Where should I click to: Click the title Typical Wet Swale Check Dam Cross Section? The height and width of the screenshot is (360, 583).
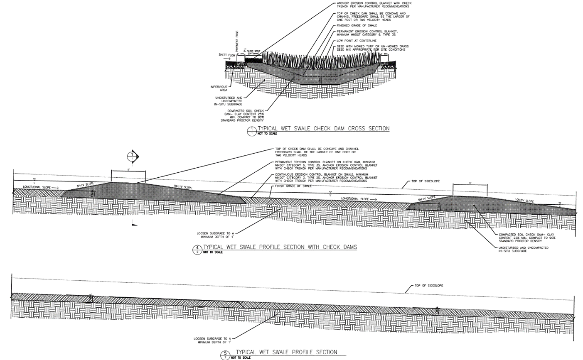(323, 129)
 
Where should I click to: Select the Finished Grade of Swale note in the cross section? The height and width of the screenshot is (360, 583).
(357, 25)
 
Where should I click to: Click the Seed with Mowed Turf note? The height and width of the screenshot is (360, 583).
(372, 48)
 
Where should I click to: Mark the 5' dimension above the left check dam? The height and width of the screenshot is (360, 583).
(128, 170)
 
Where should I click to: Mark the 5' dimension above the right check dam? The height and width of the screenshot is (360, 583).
(470, 184)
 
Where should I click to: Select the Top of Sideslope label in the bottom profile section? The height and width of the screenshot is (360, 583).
(429, 286)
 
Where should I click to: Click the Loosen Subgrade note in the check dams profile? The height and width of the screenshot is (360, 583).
(215, 235)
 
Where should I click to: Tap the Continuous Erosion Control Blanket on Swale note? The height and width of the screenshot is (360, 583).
(326, 178)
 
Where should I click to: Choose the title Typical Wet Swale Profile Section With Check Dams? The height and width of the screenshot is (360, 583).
(280, 247)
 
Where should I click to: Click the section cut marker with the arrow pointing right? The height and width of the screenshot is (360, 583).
(133, 157)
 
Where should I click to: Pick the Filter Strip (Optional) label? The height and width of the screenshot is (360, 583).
(253, 52)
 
